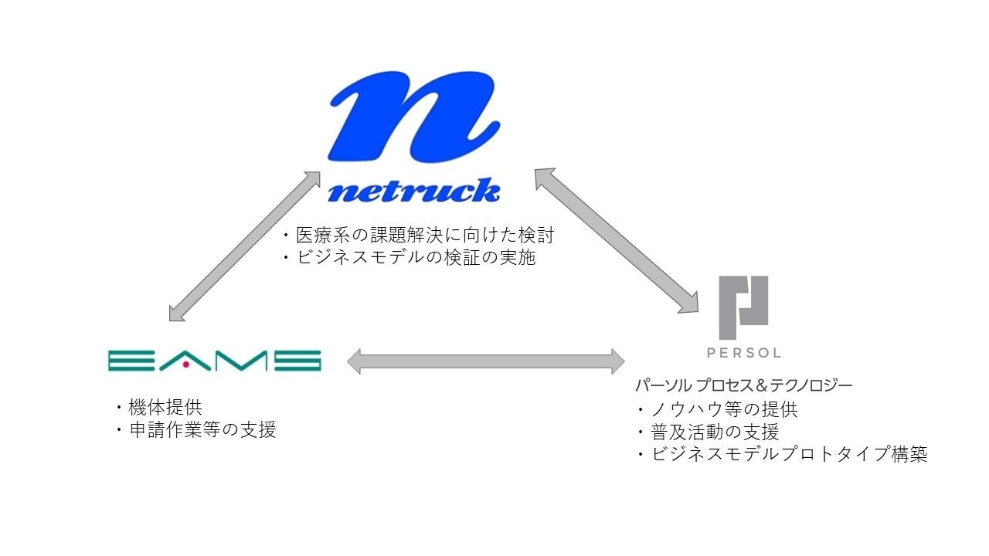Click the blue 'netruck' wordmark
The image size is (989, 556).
pyautogui.click(x=413, y=190)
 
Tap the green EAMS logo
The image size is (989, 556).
pyautogui.click(x=215, y=361)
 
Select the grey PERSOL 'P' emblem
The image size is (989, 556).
pyautogui.click(x=743, y=307)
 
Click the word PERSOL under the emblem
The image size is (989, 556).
pyautogui.click(x=743, y=353)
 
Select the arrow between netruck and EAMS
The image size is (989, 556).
pyautogui.click(x=245, y=246)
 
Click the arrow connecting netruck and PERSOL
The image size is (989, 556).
pyautogui.click(x=616, y=242)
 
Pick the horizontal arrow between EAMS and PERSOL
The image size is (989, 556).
pyautogui.click(x=486, y=361)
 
